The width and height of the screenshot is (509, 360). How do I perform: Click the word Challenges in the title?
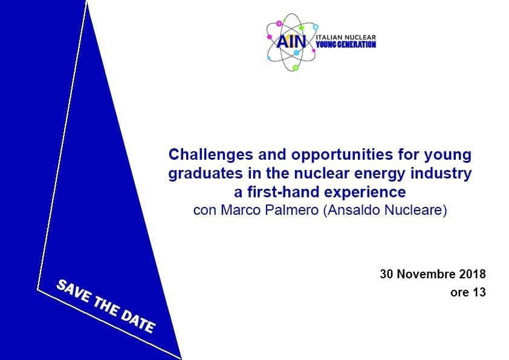211,155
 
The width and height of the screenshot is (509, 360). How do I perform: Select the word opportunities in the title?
342,155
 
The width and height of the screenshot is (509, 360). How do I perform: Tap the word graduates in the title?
206,174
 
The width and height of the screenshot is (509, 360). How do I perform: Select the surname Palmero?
291,210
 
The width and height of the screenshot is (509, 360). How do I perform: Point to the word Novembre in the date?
427,274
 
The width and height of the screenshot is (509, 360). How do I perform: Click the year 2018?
473,274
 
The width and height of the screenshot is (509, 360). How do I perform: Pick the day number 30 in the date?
387,274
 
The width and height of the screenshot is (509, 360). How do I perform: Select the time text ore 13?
468,292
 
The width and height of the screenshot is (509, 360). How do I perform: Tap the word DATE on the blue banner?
138,321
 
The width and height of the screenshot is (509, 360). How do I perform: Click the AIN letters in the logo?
291,42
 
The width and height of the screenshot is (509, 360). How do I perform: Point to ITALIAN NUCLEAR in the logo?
346,38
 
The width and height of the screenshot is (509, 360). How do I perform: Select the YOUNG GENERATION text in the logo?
346,45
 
